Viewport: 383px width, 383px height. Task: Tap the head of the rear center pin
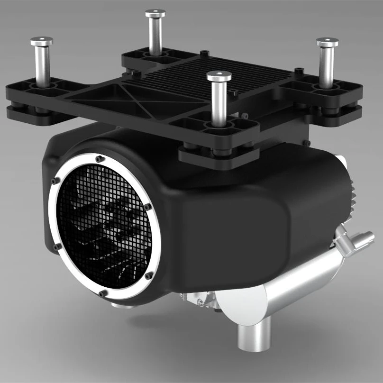pos(155,14)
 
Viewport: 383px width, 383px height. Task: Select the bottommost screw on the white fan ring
pos(103,294)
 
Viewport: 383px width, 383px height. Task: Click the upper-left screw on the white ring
pos(56,181)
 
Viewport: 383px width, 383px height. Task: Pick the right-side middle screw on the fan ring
pos(148,207)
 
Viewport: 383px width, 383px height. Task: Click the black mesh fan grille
pos(102,228)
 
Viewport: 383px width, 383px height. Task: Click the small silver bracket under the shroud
pos(199,299)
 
